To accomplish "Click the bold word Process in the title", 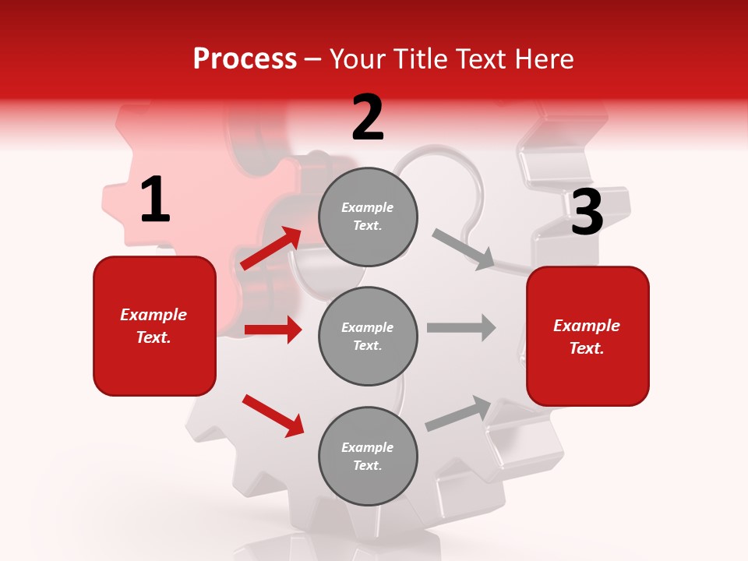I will [x=245, y=59].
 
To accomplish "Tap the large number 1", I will [x=154, y=200].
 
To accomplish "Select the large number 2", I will [x=368, y=118].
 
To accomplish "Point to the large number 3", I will [x=587, y=213].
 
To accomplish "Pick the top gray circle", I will [x=368, y=217].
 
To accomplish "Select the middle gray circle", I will [x=368, y=336].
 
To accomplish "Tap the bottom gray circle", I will [x=368, y=456].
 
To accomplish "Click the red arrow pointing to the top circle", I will [x=271, y=248].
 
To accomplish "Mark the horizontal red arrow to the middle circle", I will [x=273, y=330].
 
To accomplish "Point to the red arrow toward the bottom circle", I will [x=273, y=415].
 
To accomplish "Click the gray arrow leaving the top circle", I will [x=463, y=249].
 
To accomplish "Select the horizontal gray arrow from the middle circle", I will [x=461, y=327].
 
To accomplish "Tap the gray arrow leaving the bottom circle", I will [x=458, y=413].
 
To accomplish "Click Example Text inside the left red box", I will [x=153, y=326].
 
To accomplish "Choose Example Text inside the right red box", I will [x=587, y=337].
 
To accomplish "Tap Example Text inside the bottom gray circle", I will [x=368, y=456].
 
